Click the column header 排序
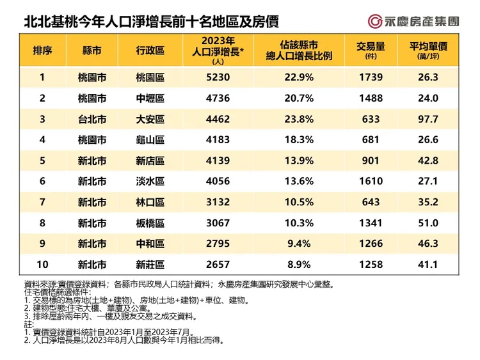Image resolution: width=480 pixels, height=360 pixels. (42, 51)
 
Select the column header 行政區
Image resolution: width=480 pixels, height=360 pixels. (150, 51)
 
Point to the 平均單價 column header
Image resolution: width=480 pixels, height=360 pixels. (428, 48)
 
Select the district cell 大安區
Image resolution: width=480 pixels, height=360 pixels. (150, 120)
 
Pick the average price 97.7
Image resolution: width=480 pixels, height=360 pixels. (428, 120)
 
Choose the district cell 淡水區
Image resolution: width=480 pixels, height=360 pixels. (150, 182)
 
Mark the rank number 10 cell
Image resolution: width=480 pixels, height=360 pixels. (42, 265)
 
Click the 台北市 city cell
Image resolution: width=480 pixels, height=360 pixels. (92, 120)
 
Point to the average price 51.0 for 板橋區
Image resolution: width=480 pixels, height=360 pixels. (428, 223)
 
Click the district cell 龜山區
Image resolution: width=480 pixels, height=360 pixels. (150, 140)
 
